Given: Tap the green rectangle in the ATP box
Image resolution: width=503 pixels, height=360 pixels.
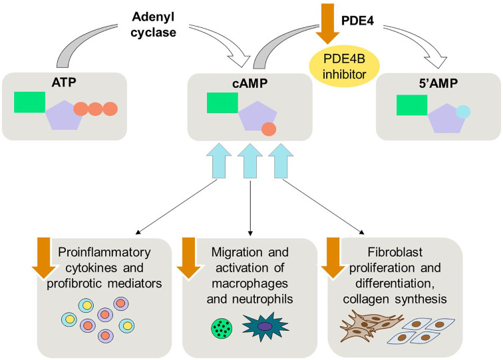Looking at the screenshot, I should click(x=30, y=102).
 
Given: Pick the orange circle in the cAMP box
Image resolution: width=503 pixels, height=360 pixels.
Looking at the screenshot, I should click(x=269, y=129).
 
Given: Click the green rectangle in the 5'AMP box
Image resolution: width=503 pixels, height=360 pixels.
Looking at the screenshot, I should click(x=412, y=104).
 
